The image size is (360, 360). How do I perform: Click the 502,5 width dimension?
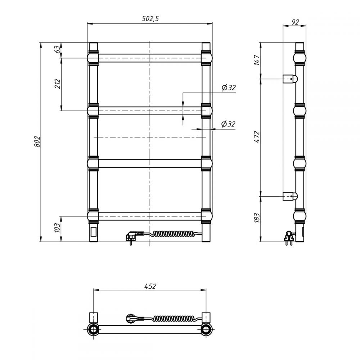coord(150,19)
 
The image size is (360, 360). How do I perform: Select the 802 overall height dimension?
coord(37,141)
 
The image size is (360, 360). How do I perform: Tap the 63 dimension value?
coord(58,49)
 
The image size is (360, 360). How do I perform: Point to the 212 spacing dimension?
coord(58,84)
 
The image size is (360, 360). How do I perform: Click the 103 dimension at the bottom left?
coord(57,228)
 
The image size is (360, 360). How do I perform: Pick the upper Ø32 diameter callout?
coord(229,87)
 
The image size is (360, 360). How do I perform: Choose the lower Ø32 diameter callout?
coord(228,124)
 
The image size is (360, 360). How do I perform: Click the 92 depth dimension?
coord(295,22)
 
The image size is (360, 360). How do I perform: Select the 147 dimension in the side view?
coord(257,60)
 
